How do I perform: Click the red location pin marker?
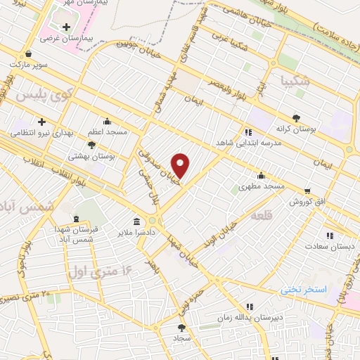tap(181, 165)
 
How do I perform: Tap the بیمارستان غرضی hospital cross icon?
tap(66, 27)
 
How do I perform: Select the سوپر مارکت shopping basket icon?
tap(27, 53)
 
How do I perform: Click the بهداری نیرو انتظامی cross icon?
tap(41, 121)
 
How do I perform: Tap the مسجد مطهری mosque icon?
tap(261, 176)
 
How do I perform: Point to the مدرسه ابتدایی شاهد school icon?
tap(247, 131)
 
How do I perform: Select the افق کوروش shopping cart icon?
tap(307, 191)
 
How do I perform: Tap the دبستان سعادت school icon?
tap(330, 236)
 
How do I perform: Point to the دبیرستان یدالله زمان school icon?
tap(248, 307)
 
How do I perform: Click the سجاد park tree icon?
tap(182, 328)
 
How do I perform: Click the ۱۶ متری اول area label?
tap(101, 269)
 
